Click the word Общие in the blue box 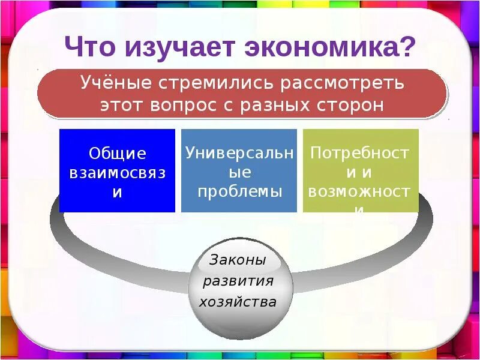pos(118,154)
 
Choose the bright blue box pos(118,198)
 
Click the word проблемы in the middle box pos(239,191)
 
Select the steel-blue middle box pos(239,204)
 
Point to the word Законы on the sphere pos(238,260)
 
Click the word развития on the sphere pos(238,281)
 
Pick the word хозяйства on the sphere pos(238,301)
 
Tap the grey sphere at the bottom pos(239,324)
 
